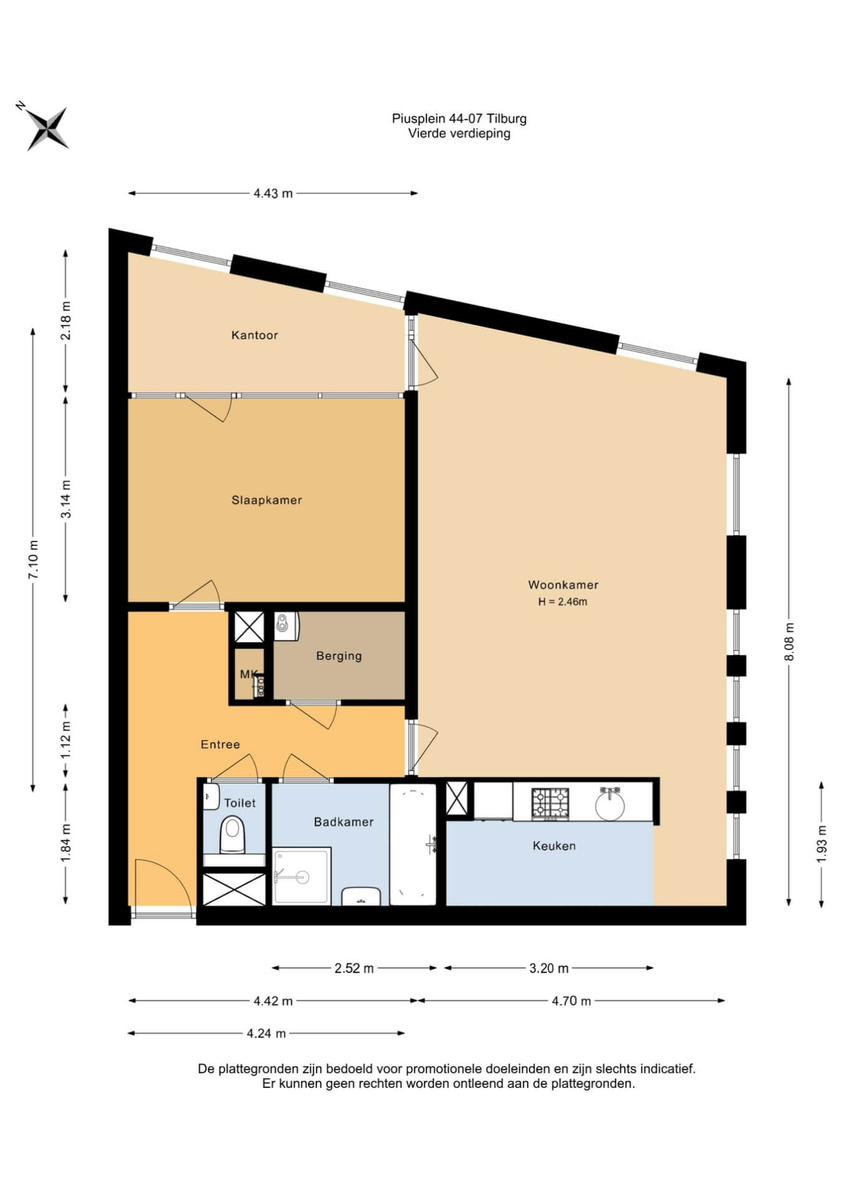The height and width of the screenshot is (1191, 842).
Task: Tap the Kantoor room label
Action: coord(254,336)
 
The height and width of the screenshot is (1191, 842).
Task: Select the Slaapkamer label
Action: coord(267,500)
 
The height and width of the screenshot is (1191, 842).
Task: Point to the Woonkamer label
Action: coord(563,585)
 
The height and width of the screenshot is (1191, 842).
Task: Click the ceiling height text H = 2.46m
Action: coord(563,602)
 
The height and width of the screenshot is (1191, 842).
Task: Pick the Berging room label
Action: coord(339,656)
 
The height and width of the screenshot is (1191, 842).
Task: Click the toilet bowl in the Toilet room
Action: coord(233,835)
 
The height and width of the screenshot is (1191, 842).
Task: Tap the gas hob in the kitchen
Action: coord(551,804)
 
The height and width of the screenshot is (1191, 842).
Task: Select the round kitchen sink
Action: coord(609,804)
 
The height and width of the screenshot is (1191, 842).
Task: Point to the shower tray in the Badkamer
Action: coord(302,876)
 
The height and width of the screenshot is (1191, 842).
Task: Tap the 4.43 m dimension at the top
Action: coord(273,193)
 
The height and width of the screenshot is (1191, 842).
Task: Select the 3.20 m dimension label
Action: coord(549,968)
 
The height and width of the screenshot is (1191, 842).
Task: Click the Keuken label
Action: coord(554,846)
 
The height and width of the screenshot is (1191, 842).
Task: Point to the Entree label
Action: coord(220,744)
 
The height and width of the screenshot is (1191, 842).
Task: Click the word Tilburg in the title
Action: coord(506,119)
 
